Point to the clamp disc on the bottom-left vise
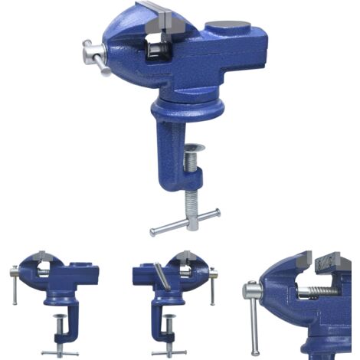pyautogui.click(x=61, y=315)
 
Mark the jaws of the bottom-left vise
pyautogui.click(x=41, y=260)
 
